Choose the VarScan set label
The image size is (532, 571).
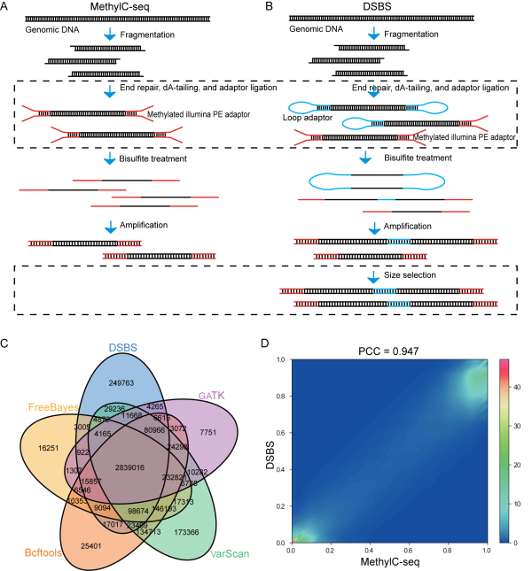click(x=230, y=554)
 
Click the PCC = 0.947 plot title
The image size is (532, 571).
click(x=388, y=351)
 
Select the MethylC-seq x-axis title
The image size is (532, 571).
click(x=389, y=562)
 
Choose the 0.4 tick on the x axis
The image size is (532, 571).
click(x=370, y=551)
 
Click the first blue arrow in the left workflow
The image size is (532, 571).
click(x=110, y=35)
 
